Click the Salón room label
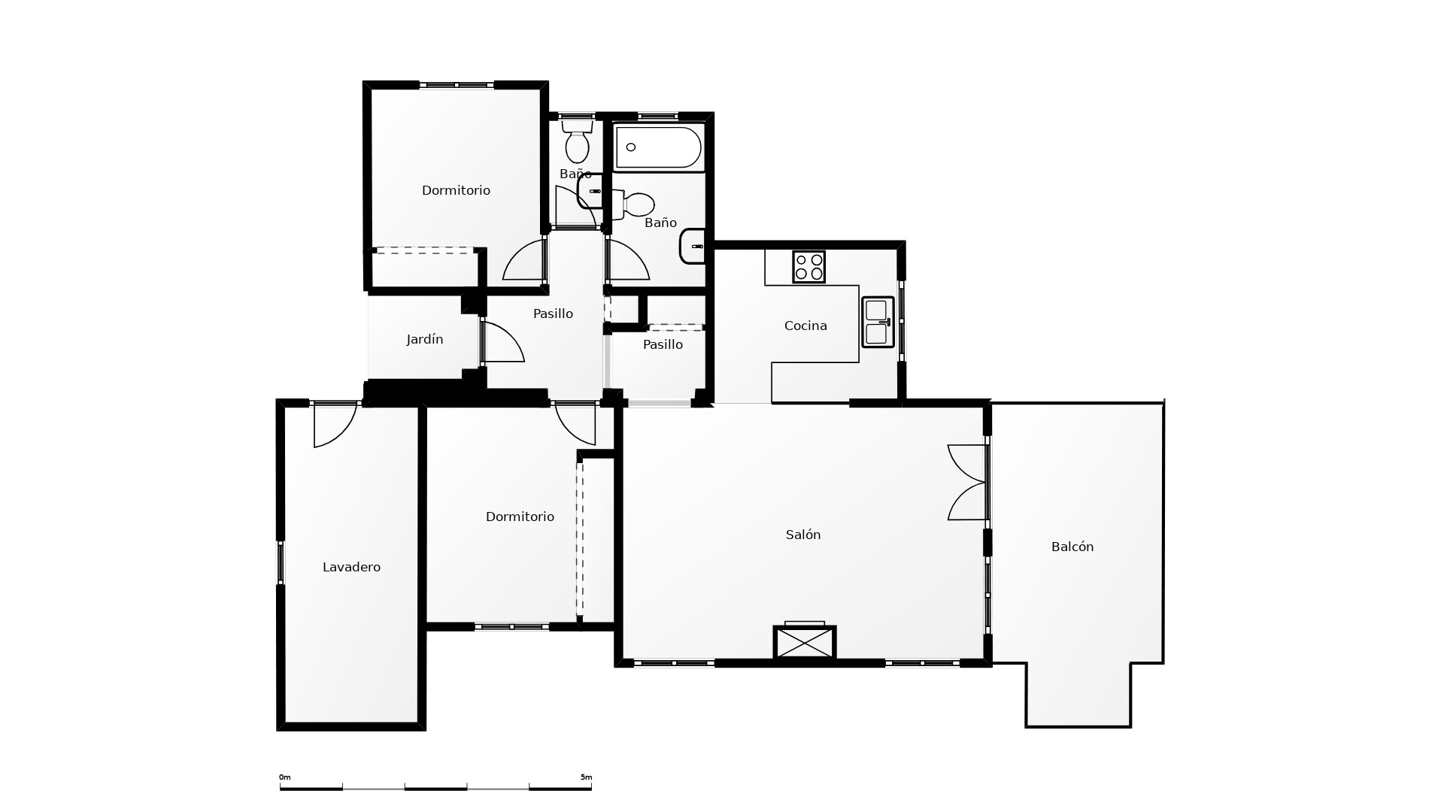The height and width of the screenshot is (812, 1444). tap(802, 535)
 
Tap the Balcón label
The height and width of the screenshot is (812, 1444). tap(1072, 547)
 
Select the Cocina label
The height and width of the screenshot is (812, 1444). tap(805, 326)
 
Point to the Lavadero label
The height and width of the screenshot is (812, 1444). tap(351, 567)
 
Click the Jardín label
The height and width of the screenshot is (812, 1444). tap(425, 339)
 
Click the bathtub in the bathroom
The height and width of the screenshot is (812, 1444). tap(659, 147)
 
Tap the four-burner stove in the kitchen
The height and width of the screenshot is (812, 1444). tap(808, 267)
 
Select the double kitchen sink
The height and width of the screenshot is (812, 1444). tap(878, 322)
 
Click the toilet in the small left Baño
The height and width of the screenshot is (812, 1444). tap(577, 141)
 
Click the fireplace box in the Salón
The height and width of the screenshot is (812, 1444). tap(805, 643)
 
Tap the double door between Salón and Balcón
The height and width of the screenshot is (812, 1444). tap(967, 482)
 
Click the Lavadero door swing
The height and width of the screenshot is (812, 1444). tap(335, 426)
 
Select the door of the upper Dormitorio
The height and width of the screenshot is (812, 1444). tap(524, 259)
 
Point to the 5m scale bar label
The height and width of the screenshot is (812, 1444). tap(587, 777)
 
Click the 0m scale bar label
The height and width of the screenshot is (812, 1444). tap(284, 777)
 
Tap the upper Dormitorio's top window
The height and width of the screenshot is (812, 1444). tap(457, 85)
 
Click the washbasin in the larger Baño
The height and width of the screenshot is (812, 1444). tap(693, 247)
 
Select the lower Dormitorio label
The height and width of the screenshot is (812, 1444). tap(520, 517)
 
